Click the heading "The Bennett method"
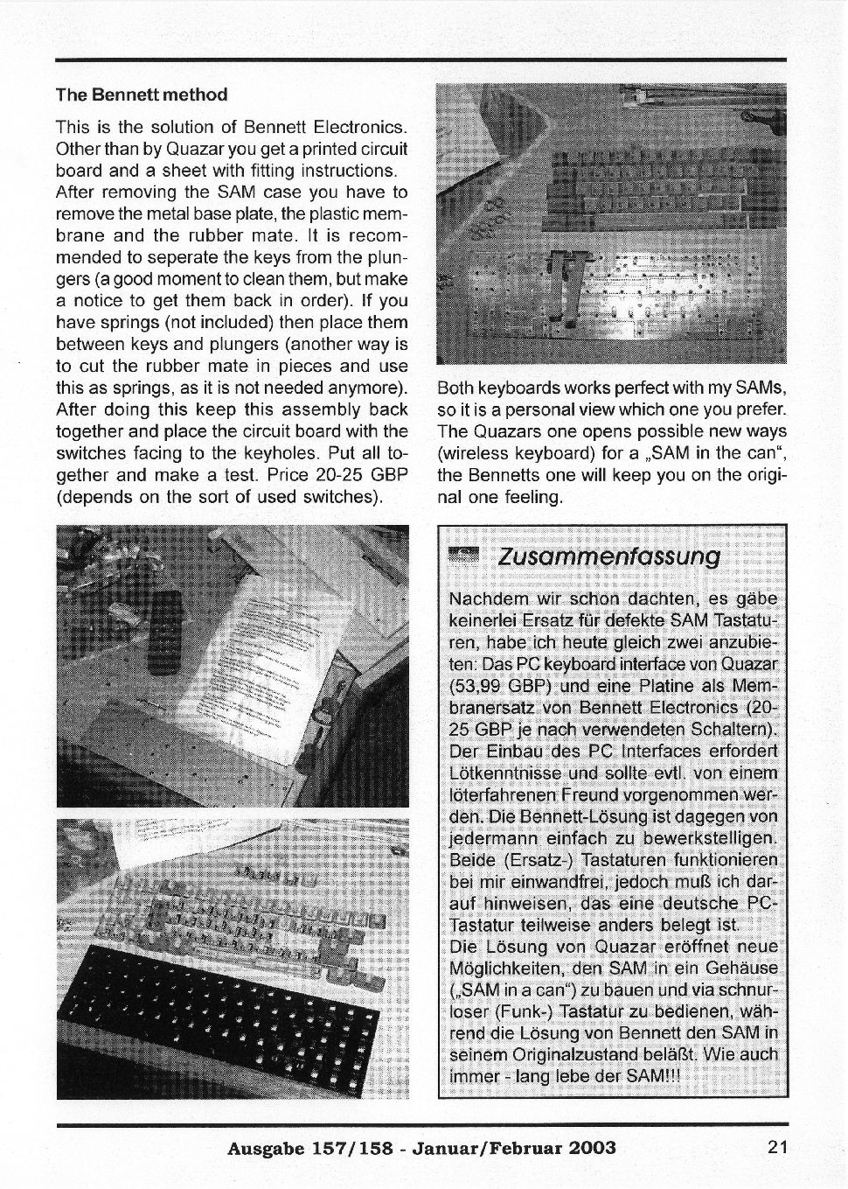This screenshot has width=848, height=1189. point(142,94)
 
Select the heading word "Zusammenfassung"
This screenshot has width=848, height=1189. point(608,556)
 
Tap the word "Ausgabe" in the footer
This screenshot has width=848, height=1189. point(265,1148)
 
